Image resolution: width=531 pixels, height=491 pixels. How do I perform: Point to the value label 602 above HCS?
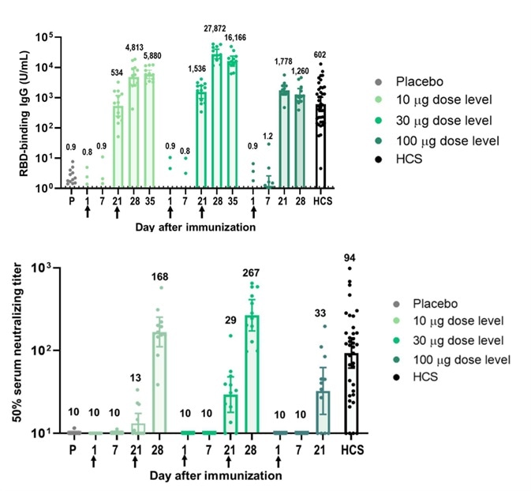coord(321,54)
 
